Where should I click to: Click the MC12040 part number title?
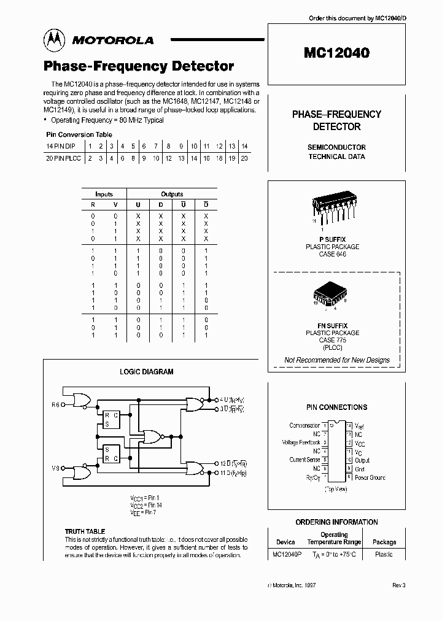tap(336, 53)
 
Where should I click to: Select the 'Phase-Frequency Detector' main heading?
tap(138, 66)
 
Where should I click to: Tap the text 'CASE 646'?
tap(333, 254)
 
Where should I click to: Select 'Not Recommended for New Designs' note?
tap(336, 360)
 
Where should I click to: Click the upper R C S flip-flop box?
tap(111, 418)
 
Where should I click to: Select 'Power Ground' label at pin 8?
tap(370, 477)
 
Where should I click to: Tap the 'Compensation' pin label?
tap(304, 425)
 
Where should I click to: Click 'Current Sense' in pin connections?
tap(304, 460)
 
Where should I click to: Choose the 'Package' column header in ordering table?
tap(384, 542)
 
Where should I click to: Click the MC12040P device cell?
tap(285, 554)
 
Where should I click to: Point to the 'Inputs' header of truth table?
tap(104, 194)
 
